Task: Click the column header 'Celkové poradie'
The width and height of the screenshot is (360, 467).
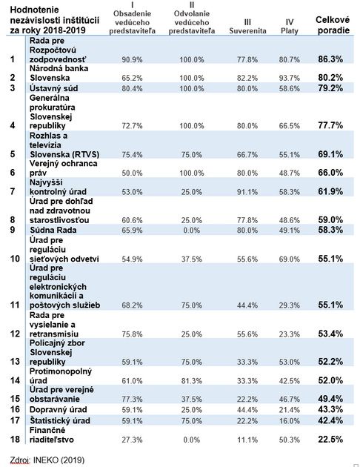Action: click(333, 25)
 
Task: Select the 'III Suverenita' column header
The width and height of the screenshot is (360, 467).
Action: click(247, 27)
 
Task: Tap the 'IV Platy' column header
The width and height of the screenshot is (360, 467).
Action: click(289, 27)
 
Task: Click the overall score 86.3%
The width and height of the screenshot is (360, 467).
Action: click(330, 59)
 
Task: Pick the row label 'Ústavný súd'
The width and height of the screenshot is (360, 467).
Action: click(54, 88)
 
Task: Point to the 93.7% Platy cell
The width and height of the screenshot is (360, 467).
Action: click(289, 78)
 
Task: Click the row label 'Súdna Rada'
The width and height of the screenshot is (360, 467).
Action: click(53, 230)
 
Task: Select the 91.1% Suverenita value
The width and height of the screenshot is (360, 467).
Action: click(247, 192)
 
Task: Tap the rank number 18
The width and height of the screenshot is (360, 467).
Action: click(15, 439)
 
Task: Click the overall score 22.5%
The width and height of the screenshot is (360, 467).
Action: click(330, 439)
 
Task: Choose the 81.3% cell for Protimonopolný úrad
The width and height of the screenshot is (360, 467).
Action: click(192, 381)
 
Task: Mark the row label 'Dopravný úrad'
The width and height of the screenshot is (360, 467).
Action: click(59, 409)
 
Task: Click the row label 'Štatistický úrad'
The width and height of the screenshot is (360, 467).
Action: click(60, 420)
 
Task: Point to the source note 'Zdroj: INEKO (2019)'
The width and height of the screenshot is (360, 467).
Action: click(47, 460)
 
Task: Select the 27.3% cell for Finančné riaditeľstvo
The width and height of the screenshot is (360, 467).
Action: click(132, 440)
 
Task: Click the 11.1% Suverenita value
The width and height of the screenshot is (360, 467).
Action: click(247, 440)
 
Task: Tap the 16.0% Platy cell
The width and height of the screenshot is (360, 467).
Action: click(289, 420)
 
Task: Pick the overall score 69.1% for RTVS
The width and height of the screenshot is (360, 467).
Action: click(330, 154)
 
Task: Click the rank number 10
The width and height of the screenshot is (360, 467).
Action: click(15, 259)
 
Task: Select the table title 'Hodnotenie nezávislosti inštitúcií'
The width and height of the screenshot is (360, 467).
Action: click(55, 15)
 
